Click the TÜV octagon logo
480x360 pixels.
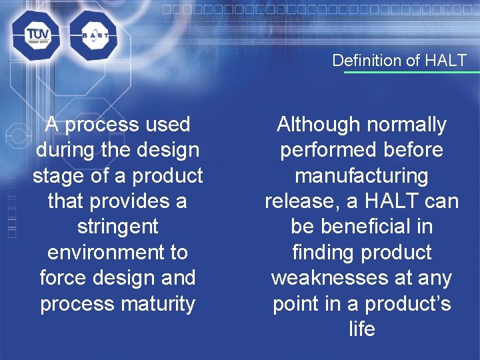pos(35,36)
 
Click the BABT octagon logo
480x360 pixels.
pos(93,36)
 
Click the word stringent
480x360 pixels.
pos(117,227)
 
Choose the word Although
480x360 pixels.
pos(316,125)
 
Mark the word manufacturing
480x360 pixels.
pos(361,176)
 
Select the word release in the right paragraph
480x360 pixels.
pos(299,201)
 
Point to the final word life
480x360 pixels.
pos(361,329)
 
